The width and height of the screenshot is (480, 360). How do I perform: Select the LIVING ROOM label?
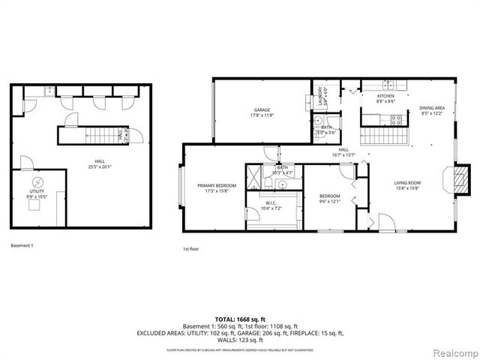click(x=409, y=184)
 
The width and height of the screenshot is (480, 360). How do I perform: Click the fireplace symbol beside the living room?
click(x=458, y=179)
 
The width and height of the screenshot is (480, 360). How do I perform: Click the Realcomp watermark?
click(x=451, y=352)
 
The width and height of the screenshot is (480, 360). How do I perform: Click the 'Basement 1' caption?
click(x=22, y=245)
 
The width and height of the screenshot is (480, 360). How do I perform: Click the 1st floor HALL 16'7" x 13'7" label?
click(x=344, y=151)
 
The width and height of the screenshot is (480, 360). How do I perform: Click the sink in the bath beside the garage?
click(x=318, y=121)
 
